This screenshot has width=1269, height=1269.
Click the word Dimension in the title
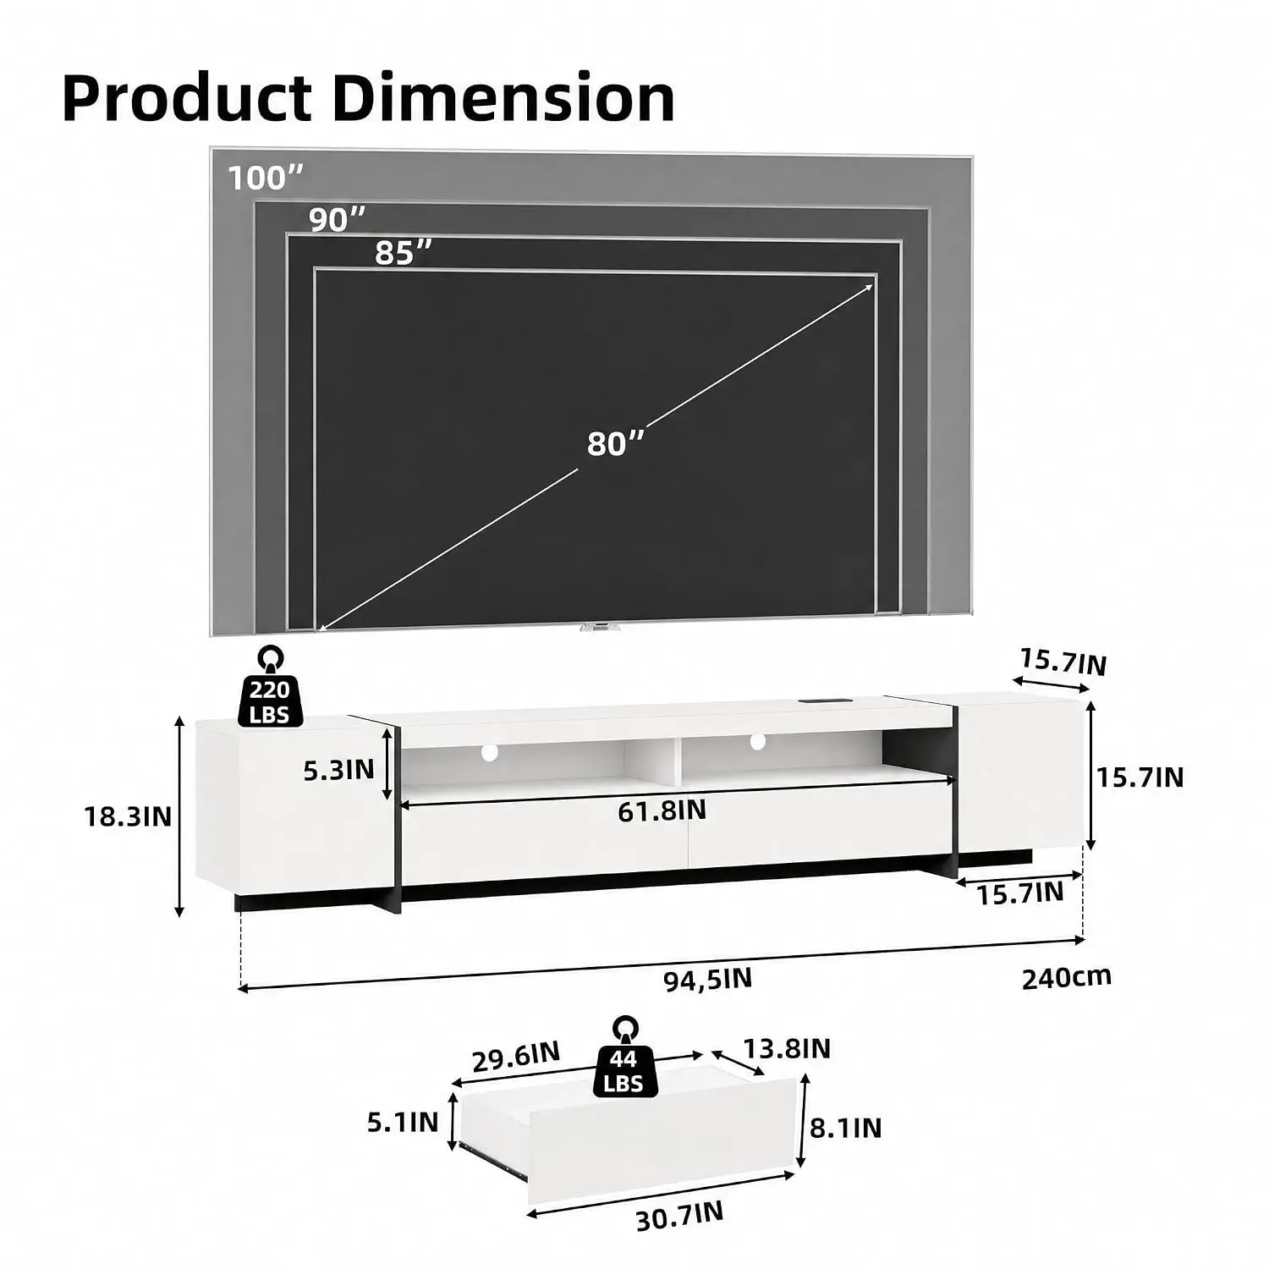[x=503, y=98]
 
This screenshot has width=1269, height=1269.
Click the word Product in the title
[x=187, y=98]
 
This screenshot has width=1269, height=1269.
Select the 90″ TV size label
[x=338, y=219]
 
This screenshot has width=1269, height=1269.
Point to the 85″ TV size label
[x=404, y=252]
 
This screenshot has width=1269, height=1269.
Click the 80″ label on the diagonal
[x=616, y=443]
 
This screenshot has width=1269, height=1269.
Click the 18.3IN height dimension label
[x=128, y=816]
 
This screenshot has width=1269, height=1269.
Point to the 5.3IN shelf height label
[x=338, y=770]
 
